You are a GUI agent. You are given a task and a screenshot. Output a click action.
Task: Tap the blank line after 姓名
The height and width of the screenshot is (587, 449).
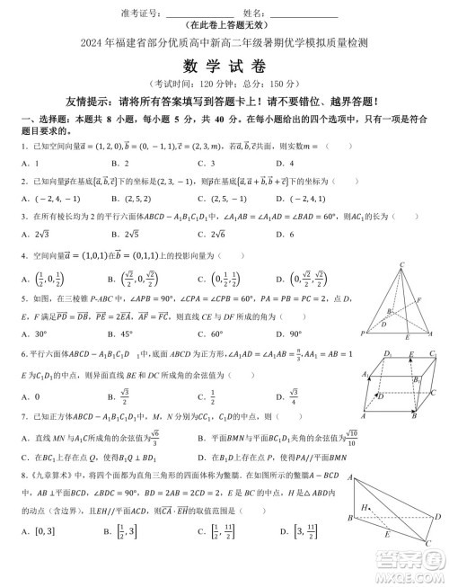[x=304, y=16]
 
